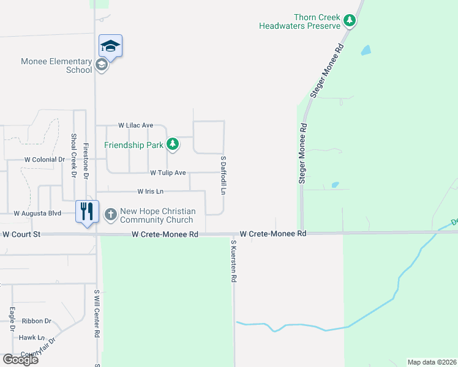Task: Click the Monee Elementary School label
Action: coord(56,65)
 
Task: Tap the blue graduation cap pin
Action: coord(111,46)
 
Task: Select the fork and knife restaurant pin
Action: coord(87,212)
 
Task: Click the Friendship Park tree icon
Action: coord(174,144)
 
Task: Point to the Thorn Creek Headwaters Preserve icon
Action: coord(350,21)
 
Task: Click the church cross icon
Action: coord(111,215)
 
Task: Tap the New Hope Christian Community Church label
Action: coord(157,215)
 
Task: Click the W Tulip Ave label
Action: coord(168,173)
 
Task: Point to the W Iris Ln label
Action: coord(151,191)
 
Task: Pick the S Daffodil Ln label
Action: coord(223,174)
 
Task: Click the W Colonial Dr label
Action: coord(44,160)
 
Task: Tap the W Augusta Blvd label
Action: coord(38,213)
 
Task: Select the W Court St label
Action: coord(21,234)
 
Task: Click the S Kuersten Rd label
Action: coord(233,261)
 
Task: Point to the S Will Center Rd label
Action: coord(97,314)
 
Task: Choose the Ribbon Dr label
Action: coord(37,321)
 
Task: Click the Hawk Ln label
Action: coord(32,337)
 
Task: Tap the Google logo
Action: coord(20,360)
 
